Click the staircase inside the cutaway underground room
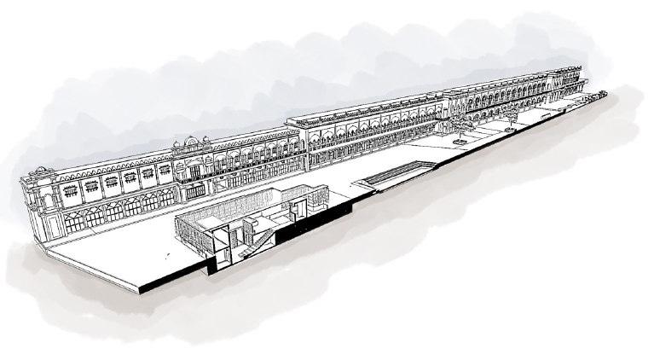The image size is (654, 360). pos(261,232)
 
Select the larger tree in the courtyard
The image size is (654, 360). pos(462,127)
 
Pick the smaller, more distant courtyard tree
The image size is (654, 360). pos(511,117)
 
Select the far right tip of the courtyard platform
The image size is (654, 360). pos(607,93)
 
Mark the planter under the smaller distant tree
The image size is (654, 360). pos(511,125)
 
